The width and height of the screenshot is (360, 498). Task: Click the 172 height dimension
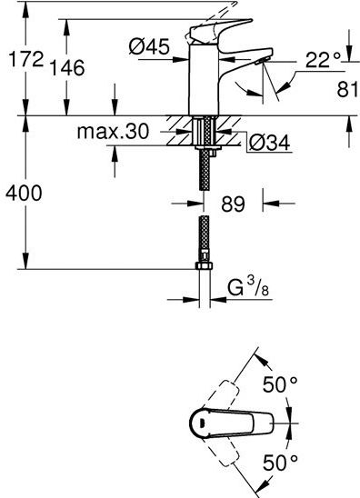(x=25, y=59)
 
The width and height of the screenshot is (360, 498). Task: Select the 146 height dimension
(x=67, y=67)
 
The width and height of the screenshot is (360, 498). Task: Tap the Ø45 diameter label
(x=149, y=46)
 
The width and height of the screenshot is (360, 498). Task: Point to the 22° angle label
(x=323, y=60)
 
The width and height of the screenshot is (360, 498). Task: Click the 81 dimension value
(x=347, y=89)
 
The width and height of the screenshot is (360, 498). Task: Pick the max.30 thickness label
(x=113, y=131)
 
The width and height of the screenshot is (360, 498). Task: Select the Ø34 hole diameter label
(x=269, y=143)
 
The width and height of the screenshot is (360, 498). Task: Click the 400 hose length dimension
(x=24, y=193)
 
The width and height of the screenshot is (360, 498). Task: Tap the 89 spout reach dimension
(x=233, y=204)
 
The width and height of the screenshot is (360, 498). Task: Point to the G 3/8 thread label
(x=248, y=289)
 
